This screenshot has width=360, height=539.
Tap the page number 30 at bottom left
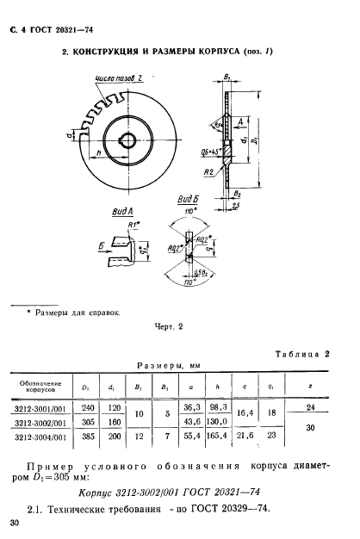tap(14, 522)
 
